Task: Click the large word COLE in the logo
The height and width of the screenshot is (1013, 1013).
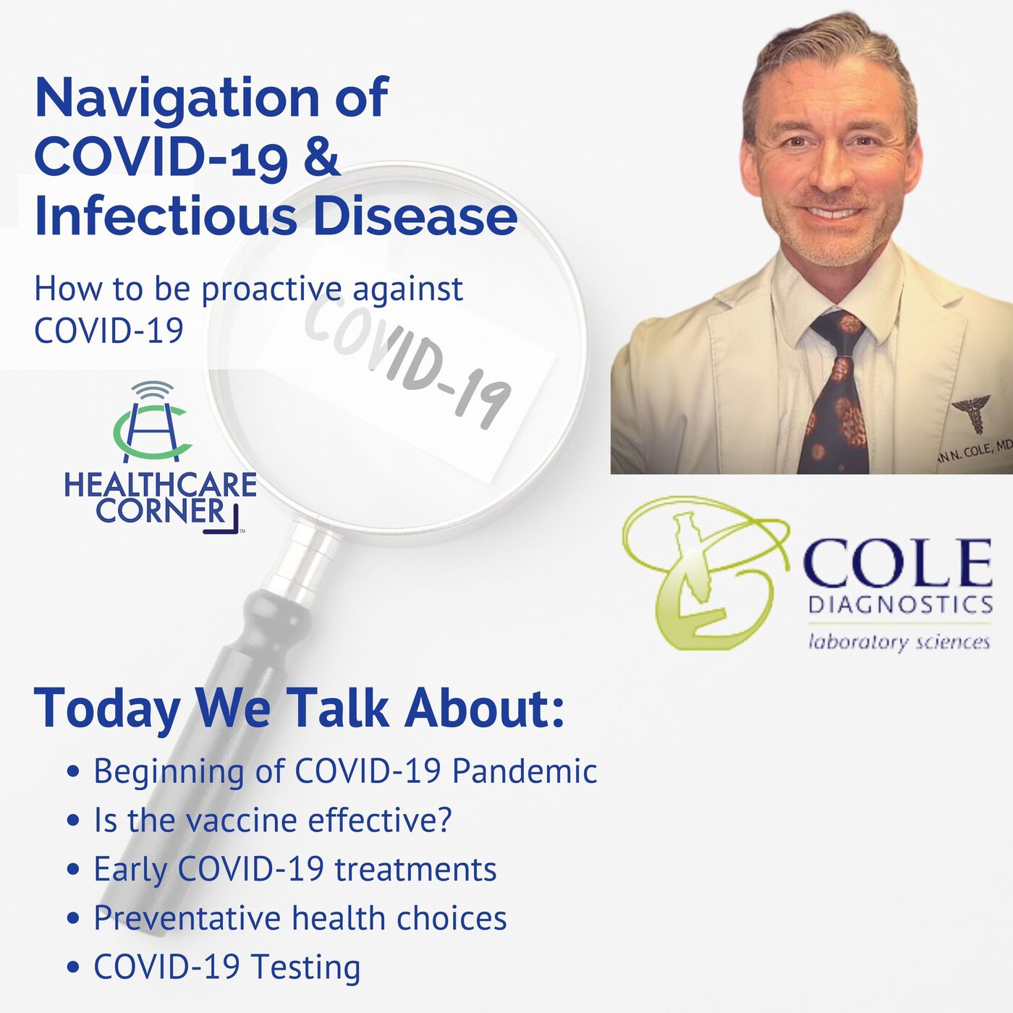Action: pyautogui.click(x=897, y=564)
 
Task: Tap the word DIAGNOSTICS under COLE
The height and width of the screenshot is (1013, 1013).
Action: pyautogui.click(x=900, y=605)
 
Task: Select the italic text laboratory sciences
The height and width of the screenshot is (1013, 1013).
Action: pyautogui.click(x=899, y=642)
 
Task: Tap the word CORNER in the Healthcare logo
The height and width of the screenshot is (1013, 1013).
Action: pyautogui.click(x=160, y=511)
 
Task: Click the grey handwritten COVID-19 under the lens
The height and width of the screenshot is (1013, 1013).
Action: pyautogui.click(x=407, y=366)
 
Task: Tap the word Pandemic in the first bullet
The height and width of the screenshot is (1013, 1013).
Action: pyautogui.click(x=525, y=772)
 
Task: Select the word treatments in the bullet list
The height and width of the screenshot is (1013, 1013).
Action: pyautogui.click(x=416, y=870)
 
